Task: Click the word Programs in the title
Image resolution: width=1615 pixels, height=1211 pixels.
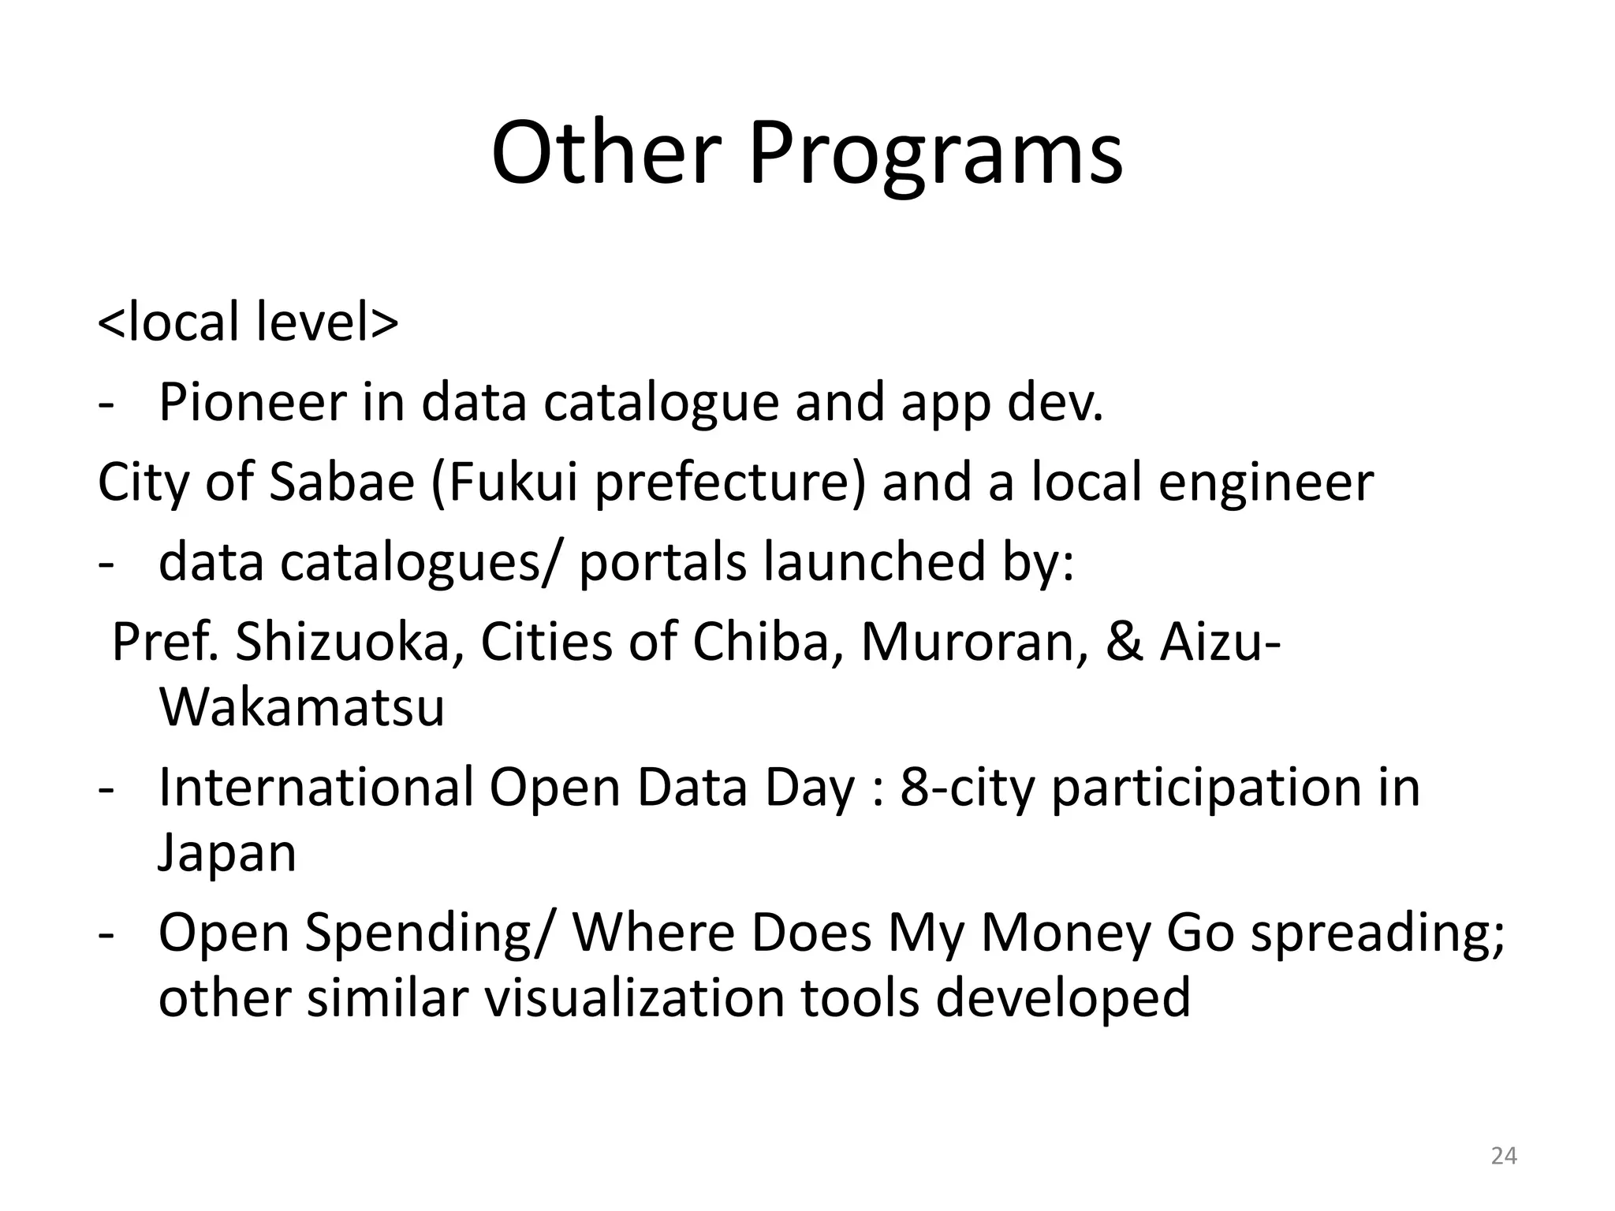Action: click(935, 154)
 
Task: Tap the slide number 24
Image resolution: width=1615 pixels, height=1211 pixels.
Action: click(1504, 1156)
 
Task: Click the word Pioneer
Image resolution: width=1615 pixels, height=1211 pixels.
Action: click(252, 402)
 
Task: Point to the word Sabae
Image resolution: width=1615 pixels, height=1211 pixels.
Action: click(341, 482)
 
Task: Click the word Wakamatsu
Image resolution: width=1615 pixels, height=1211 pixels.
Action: click(302, 707)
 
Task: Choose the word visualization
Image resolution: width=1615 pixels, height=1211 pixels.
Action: click(633, 997)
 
